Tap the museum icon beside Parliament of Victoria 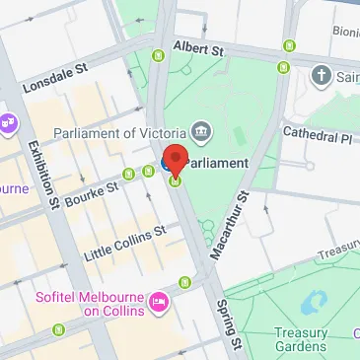[202, 130]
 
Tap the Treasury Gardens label [301, 339]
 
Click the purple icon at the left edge [8, 123]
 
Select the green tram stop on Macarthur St [281, 67]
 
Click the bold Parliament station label [219, 162]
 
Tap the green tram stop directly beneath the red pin [176, 180]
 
